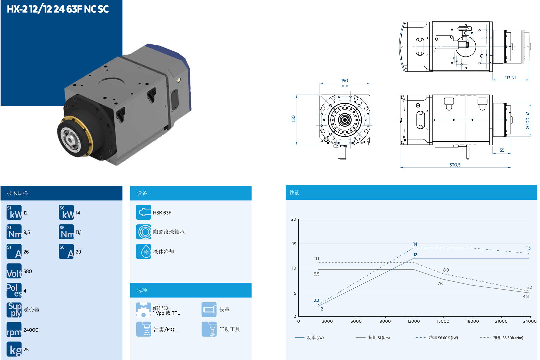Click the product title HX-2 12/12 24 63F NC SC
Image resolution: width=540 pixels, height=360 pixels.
pos(58,9)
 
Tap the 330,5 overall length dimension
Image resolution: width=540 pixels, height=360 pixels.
pos(455,165)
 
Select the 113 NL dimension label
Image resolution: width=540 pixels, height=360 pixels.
pos(511,78)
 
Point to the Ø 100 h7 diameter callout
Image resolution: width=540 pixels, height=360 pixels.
pos(528,120)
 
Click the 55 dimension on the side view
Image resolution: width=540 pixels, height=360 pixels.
pos(502,150)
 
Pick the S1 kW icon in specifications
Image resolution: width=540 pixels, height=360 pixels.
pos(14,212)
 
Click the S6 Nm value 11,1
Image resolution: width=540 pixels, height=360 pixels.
pos(79,232)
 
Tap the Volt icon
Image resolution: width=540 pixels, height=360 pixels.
pos(14,271)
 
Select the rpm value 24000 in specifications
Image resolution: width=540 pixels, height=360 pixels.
pos(31,330)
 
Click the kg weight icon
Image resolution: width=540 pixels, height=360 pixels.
pos(14,349)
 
